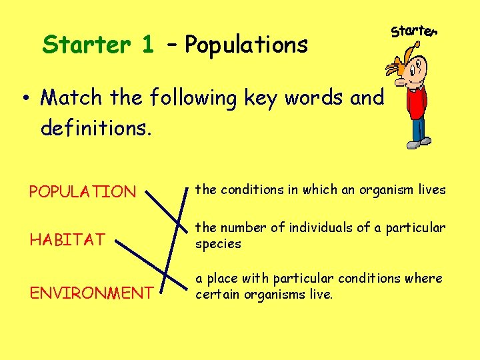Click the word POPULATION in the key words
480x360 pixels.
pyautogui.click(x=82, y=192)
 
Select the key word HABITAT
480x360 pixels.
pyautogui.click(x=67, y=239)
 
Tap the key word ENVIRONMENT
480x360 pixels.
pyautogui.click(x=91, y=293)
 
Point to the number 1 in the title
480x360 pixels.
pyautogui.click(x=147, y=45)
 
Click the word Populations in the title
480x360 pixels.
pyautogui.click(x=247, y=45)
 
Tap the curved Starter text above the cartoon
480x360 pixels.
pyautogui.click(x=414, y=31)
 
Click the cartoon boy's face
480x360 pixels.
pyautogui.click(x=419, y=67)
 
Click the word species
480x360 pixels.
pyautogui.click(x=218, y=244)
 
